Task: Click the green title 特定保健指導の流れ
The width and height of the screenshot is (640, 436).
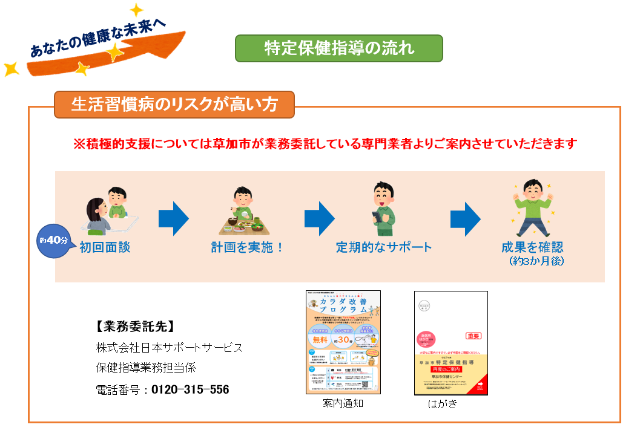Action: (338, 48)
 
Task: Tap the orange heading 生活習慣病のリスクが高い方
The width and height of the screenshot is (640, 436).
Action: (174, 105)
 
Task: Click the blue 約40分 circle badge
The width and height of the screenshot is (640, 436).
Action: (54, 240)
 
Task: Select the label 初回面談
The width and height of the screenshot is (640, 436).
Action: (105, 247)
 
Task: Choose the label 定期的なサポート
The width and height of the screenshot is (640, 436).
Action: (384, 247)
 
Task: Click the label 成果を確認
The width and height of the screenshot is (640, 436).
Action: (532, 247)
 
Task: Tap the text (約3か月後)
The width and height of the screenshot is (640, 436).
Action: (537, 261)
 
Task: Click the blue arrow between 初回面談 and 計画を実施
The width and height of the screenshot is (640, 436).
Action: (174, 218)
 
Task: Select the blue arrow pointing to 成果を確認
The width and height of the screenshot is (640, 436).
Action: (465, 218)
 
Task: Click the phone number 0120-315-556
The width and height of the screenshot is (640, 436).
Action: (190, 389)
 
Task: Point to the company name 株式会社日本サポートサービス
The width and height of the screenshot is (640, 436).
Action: (170, 348)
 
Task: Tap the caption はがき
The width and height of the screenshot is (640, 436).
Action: (442, 404)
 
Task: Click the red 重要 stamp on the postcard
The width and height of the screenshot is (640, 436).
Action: (473, 336)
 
